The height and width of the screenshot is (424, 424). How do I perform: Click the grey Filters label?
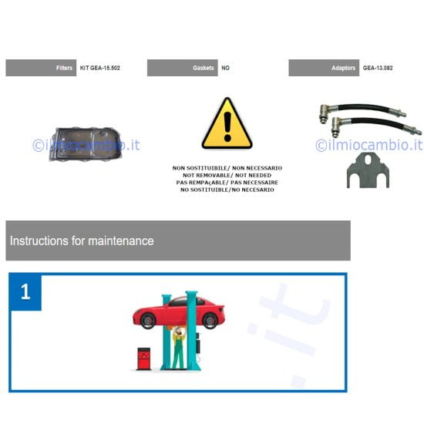tap(41, 68)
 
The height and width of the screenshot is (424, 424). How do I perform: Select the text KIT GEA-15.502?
tap(100, 68)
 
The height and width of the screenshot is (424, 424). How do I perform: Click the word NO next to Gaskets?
tap(226, 68)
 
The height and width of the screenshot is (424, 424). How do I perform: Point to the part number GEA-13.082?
tap(379, 68)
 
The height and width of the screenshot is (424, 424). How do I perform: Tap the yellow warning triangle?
tap(227, 125)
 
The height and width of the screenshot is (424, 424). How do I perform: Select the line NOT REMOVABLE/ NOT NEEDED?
tap(227, 175)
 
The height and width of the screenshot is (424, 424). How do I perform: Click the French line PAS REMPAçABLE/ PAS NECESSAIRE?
tap(227, 182)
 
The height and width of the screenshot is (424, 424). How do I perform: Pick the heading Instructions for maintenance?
tap(82, 241)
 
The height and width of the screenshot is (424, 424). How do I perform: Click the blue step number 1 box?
tap(25, 292)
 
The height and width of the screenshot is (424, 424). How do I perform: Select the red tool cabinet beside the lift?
tap(143, 358)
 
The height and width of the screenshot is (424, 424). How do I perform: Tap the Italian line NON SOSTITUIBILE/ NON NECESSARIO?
tap(227, 168)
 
